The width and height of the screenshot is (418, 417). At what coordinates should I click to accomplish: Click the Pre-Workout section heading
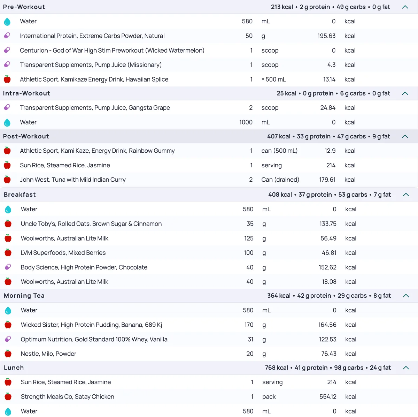[24, 7]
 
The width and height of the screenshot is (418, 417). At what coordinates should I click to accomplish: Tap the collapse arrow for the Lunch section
[406, 368]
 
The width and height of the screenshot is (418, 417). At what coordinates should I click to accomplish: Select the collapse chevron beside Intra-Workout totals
[405, 93]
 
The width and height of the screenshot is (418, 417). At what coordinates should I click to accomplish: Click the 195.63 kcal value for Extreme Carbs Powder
[326, 36]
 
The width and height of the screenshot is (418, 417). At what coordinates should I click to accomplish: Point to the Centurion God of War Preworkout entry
[112, 51]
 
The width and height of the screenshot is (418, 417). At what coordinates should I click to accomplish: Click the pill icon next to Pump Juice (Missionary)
[7, 65]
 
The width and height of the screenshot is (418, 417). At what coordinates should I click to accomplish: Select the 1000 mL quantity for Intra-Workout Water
[246, 122]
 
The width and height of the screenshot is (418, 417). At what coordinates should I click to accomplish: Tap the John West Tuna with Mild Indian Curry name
[72, 180]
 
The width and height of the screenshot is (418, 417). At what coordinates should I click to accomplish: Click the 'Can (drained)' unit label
[280, 180]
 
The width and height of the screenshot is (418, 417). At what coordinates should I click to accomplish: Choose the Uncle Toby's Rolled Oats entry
[91, 224]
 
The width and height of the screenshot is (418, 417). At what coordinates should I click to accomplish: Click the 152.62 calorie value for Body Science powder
[327, 267]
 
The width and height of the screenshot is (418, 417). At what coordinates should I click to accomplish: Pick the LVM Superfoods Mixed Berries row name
[63, 253]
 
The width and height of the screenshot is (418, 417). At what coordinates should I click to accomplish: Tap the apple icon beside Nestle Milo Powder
[8, 354]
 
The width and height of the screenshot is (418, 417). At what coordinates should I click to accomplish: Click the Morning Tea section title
[24, 296]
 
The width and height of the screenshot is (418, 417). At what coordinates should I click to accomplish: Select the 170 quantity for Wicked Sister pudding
[249, 325]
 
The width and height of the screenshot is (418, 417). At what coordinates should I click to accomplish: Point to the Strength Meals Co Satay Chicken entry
[67, 397]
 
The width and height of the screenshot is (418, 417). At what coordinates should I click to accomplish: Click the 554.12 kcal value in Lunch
[328, 397]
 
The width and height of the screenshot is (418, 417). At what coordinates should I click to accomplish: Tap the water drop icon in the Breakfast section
[8, 210]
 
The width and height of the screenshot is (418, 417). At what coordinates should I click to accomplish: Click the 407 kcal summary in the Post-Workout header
[279, 136]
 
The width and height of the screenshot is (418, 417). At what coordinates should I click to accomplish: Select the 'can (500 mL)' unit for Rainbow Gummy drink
[279, 151]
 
